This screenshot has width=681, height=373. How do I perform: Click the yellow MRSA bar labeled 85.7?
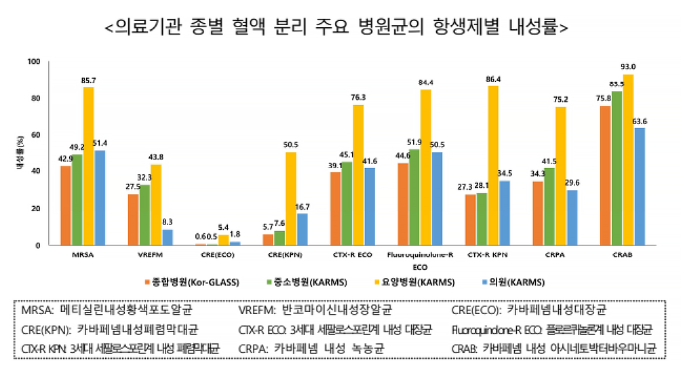(x=88, y=165)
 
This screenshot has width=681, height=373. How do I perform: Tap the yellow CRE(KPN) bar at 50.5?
(x=290, y=198)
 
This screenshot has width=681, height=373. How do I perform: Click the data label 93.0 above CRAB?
(x=628, y=66)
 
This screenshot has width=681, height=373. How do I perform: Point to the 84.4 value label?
(x=425, y=83)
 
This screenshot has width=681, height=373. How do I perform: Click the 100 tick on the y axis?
(x=33, y=62)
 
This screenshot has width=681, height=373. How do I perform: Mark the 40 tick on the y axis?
(x=35, y=172)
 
